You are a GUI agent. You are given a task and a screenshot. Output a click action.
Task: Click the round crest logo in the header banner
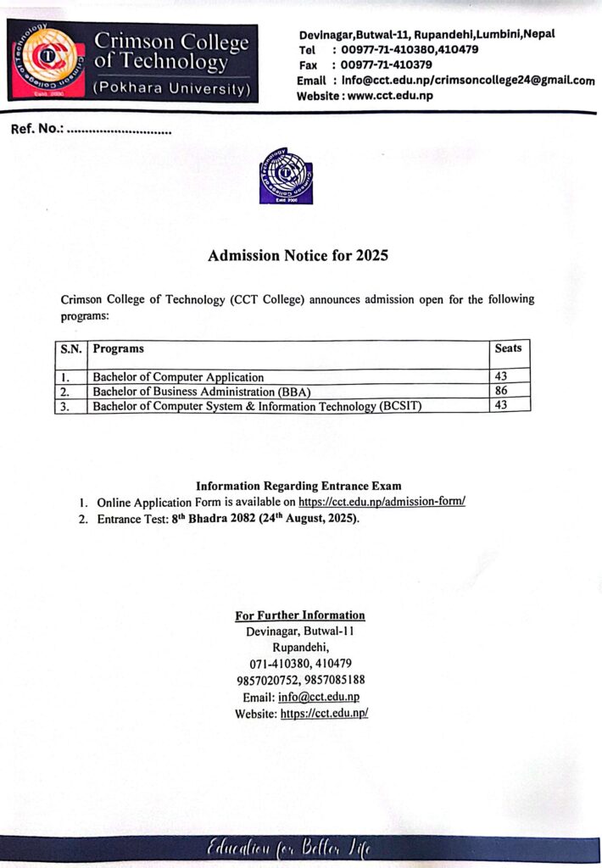(49, 64)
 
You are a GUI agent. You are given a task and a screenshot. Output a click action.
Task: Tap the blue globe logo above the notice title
(286, 175)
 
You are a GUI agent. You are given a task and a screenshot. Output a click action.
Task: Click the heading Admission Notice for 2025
(298, 255)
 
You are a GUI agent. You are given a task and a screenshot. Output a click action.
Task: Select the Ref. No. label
(36, 131)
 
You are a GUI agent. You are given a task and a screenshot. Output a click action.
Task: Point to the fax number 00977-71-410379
(386, 64)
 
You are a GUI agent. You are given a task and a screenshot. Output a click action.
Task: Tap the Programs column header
(118, 348)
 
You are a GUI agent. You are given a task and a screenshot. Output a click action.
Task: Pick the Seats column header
(508, 348)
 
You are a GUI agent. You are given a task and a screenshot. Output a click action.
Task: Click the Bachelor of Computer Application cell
(178, 377)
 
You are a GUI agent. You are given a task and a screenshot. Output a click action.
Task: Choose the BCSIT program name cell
(257, 406)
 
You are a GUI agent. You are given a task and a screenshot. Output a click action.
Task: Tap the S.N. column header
(70, 348)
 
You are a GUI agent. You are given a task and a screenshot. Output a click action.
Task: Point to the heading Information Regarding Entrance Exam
(298, 487)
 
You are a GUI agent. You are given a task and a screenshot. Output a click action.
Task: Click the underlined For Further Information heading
(299, 615)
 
